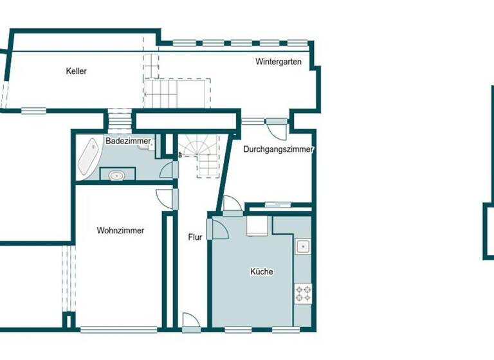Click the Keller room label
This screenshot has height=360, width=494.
coord(76,71)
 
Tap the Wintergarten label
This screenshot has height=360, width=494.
coord(278,62)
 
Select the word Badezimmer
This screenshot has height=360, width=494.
coord(128,141)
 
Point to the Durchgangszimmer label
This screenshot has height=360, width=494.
coord(278,149)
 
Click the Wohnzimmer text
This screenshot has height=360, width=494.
coord(120,230)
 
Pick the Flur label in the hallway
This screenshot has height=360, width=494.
coord(195,237)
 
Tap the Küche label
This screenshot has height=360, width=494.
coord(261,272)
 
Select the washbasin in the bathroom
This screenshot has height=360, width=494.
coord(117,174)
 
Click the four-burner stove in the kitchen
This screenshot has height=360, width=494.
coord(303,293)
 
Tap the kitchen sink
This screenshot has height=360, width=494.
coord(302,246)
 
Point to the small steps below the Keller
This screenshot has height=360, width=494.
coord(119,120)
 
